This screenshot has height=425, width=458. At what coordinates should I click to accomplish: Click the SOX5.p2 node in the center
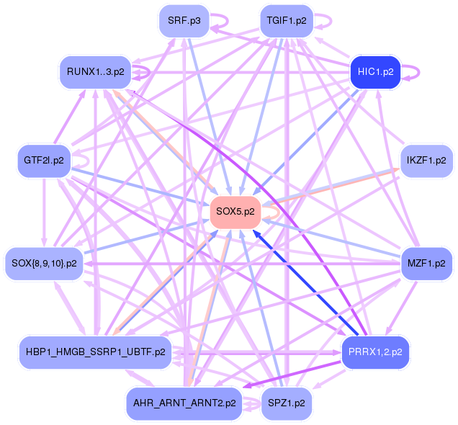(x=235, y=212)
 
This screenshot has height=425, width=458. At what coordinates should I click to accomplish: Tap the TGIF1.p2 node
(x=287, y=21)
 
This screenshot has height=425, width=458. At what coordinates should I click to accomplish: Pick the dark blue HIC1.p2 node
(x=374, y=72)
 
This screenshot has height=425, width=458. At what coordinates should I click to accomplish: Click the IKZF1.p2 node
(x=426, y=160)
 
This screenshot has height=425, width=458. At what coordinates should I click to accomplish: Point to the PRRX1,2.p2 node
(x=374, y=352)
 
